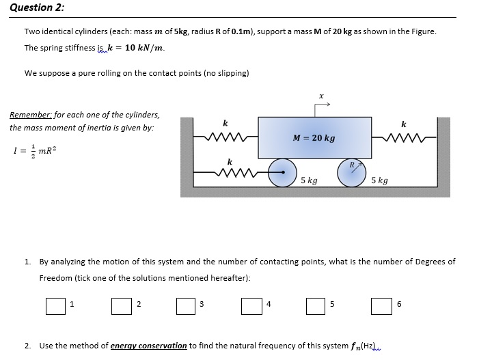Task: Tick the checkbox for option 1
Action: coord(55,305)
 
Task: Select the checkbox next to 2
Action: coord(121,305)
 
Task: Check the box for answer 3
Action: coord(186,305)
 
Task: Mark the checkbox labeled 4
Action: coord(251,305)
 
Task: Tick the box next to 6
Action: coord(381,305)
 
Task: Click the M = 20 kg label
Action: coord(314,138)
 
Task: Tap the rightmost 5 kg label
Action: coord(379,181)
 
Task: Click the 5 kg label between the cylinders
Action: coord(309,181)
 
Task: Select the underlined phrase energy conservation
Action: coord(148,346)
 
